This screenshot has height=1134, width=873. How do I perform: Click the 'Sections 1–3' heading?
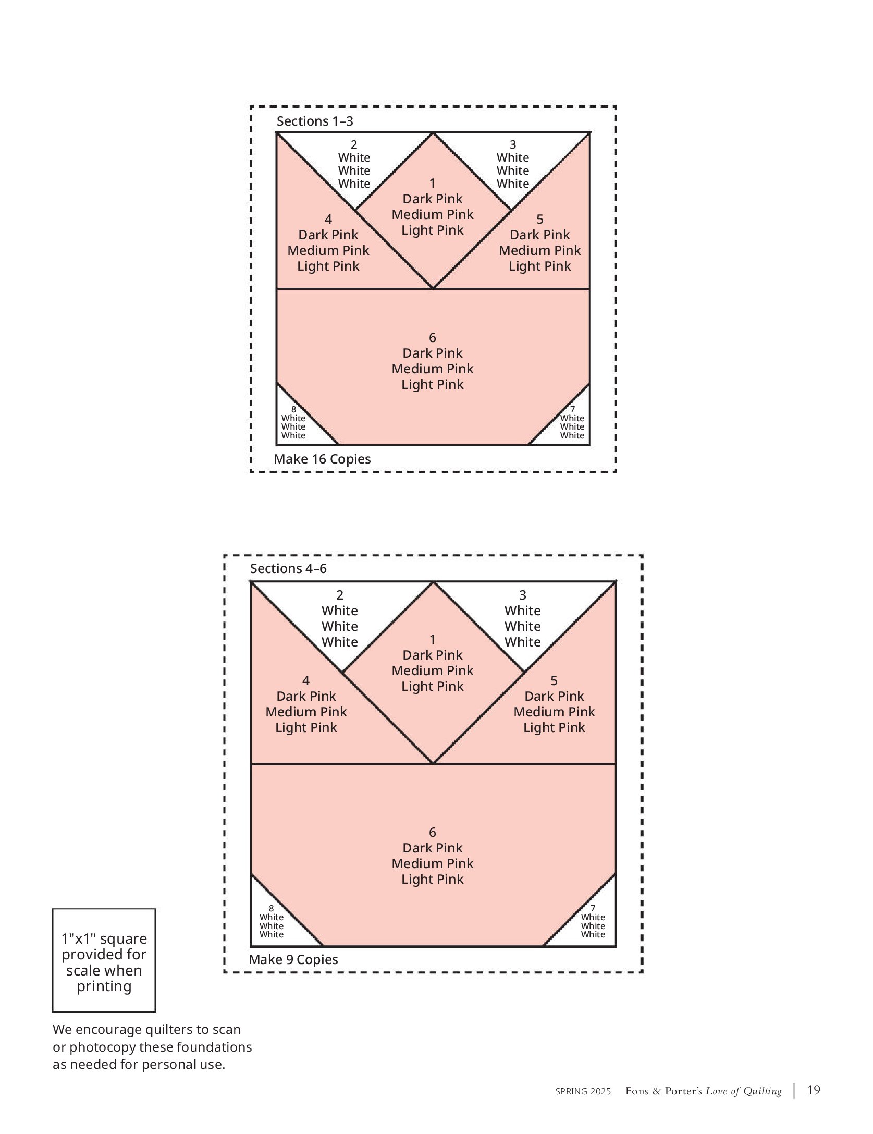[x=315, y=121]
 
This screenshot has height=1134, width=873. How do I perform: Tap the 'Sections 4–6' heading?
[x=288, y=569]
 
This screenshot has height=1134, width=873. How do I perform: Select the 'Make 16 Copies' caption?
[x=322, y=459]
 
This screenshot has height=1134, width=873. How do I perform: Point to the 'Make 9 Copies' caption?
[x=293, y=959]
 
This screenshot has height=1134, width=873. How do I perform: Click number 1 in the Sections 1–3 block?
[x=433, y=184]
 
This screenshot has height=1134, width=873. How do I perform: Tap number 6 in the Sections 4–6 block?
[x=433, y=833]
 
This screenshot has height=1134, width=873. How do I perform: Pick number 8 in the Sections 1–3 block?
[x=293, y=410]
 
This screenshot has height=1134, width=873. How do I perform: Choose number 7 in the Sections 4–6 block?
[x=593, y=909]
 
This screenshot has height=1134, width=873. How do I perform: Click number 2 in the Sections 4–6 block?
[x=340, y=595]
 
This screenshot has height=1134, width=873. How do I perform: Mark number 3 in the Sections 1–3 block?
[x=513, y=145]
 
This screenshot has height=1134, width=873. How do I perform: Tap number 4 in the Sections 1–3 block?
[x=328, y=220]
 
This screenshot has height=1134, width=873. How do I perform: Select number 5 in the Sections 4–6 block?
[x=554, y=681]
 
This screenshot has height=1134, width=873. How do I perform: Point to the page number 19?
[x=814, y=1104]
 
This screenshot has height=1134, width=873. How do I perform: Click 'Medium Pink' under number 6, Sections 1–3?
[x=433, y=369]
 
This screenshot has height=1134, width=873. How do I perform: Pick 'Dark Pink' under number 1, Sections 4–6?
[x=433, y=655]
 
